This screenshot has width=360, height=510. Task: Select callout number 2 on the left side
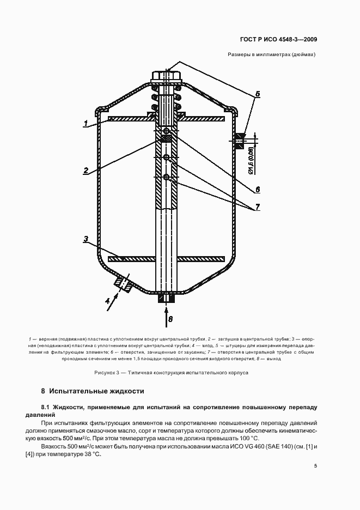[86, 171]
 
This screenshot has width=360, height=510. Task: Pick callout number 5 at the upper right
[258, 94]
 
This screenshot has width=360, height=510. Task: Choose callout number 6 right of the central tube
[258, 189]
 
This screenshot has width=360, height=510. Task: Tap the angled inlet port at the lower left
[124, 283]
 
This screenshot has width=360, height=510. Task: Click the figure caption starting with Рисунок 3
[171, 373]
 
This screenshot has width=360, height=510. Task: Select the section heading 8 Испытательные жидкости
[92, 391]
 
